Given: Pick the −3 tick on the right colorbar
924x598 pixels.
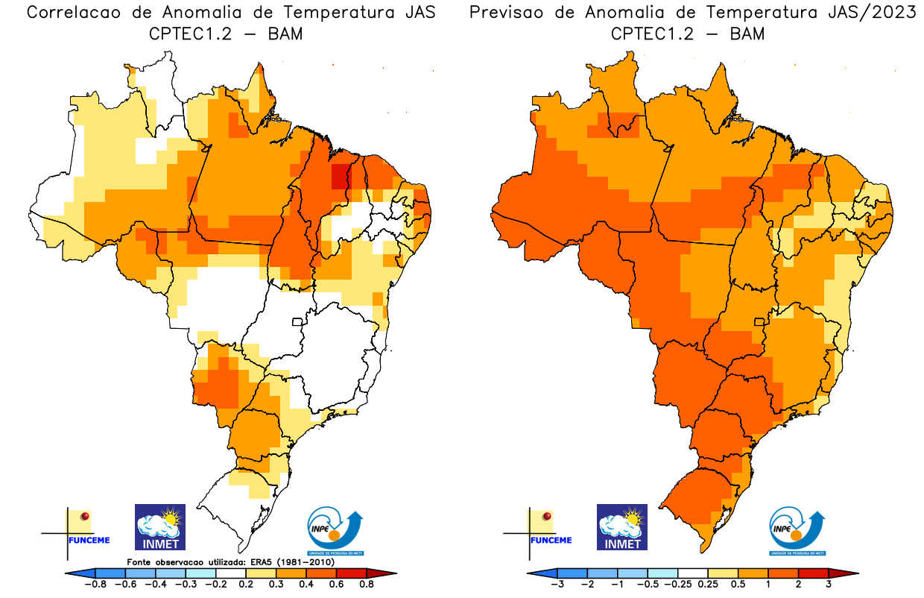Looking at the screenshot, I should point(557,584).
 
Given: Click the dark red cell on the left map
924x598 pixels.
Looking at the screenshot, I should point(340,176).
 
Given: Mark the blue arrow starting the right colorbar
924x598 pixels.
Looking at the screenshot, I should point(542,573).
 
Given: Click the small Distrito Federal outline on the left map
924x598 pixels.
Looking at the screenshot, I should point(297,322).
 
